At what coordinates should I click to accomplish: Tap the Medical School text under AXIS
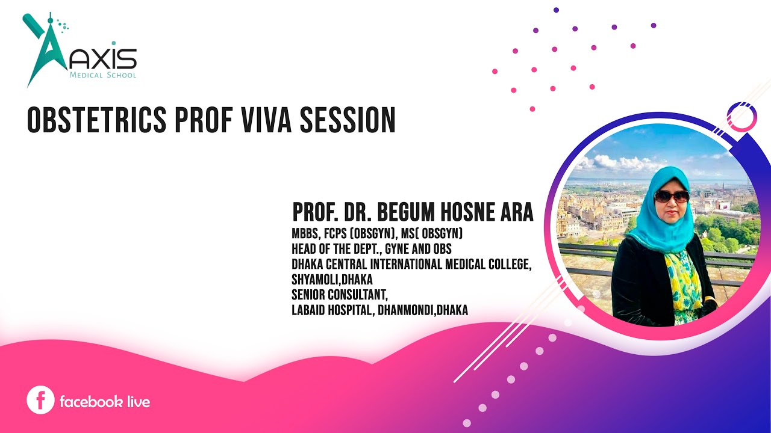click(x=103, y=76)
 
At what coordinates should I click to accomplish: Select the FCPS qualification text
click(x=339, y=233)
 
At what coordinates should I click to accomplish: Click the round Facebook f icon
click(x=40, y=401)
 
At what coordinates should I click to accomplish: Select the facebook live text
click(x=104, y=401)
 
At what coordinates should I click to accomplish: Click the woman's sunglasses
click(x=670, y=196)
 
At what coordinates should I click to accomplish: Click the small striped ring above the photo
click(x=741, y=117)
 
